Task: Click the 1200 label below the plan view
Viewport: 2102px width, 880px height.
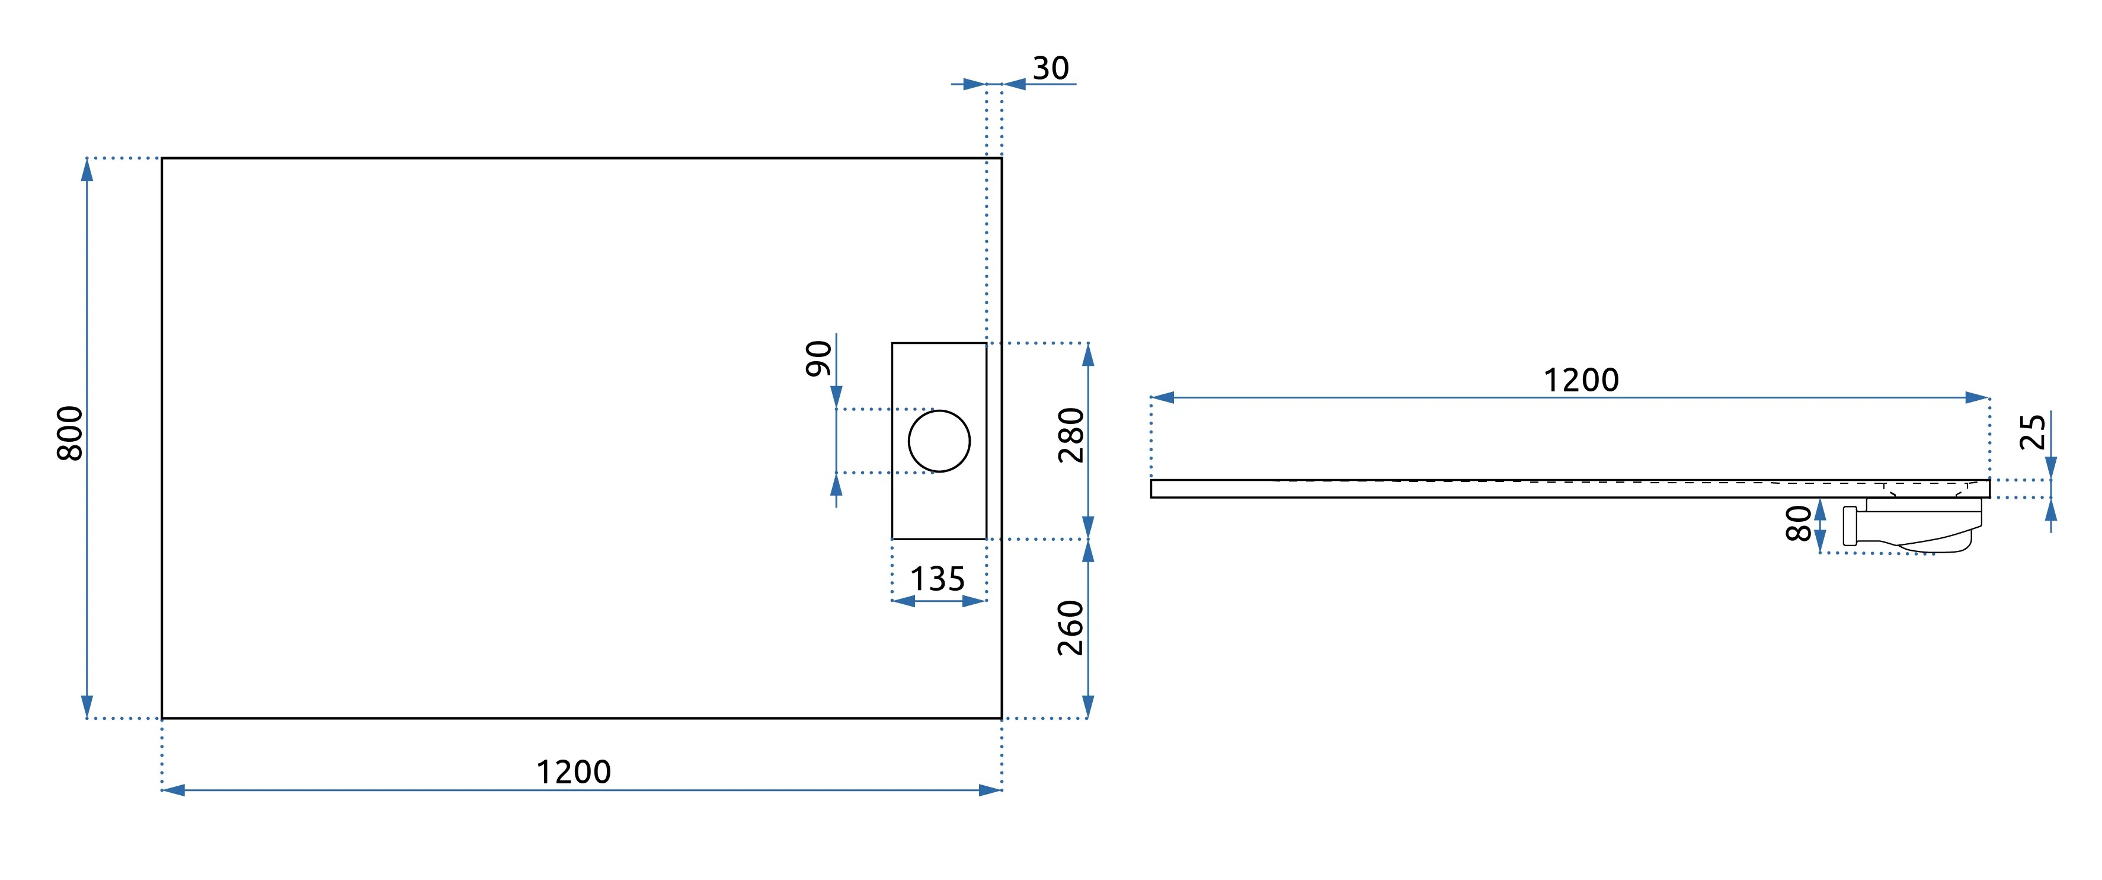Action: [x=573, y=771]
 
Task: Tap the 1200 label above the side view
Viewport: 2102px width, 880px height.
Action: [x=1581, y=380]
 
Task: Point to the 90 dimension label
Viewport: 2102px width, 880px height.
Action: [x=818, y=358]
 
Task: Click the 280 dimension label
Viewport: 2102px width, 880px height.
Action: [x=1071, y=435]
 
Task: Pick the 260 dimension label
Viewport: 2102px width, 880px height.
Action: [x=1071, y=628]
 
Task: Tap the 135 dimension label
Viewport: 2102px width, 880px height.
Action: [x=937, y=579]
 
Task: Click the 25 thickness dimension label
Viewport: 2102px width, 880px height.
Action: [x=2032, y=432]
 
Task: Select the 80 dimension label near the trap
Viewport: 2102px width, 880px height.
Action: [x=1799, y=523]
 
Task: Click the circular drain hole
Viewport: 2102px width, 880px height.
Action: [x=939, y=441]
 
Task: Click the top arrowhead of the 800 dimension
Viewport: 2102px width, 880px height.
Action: [x=87, y=170]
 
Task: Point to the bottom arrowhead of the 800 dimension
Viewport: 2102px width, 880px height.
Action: [x=87, y=706]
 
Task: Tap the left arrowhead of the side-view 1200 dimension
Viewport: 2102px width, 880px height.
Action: [x=1163, y=397]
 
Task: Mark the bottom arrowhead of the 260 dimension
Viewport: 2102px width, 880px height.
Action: [x=1087, y=706]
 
